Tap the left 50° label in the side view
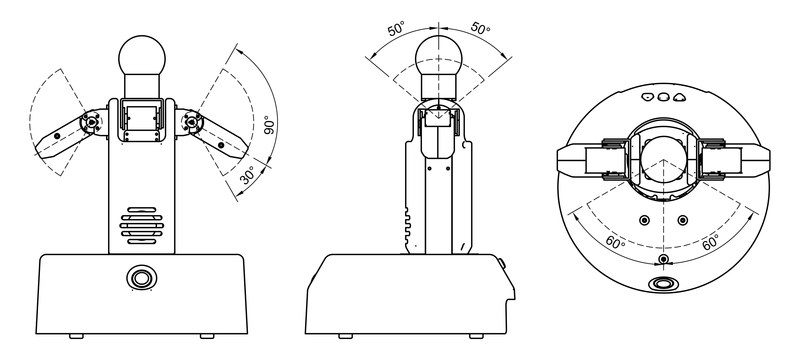[x=396, y=29]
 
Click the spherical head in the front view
[x=142, y=59]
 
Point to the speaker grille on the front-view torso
[x=142, y=225]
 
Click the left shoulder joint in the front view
[x=91, y=122]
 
